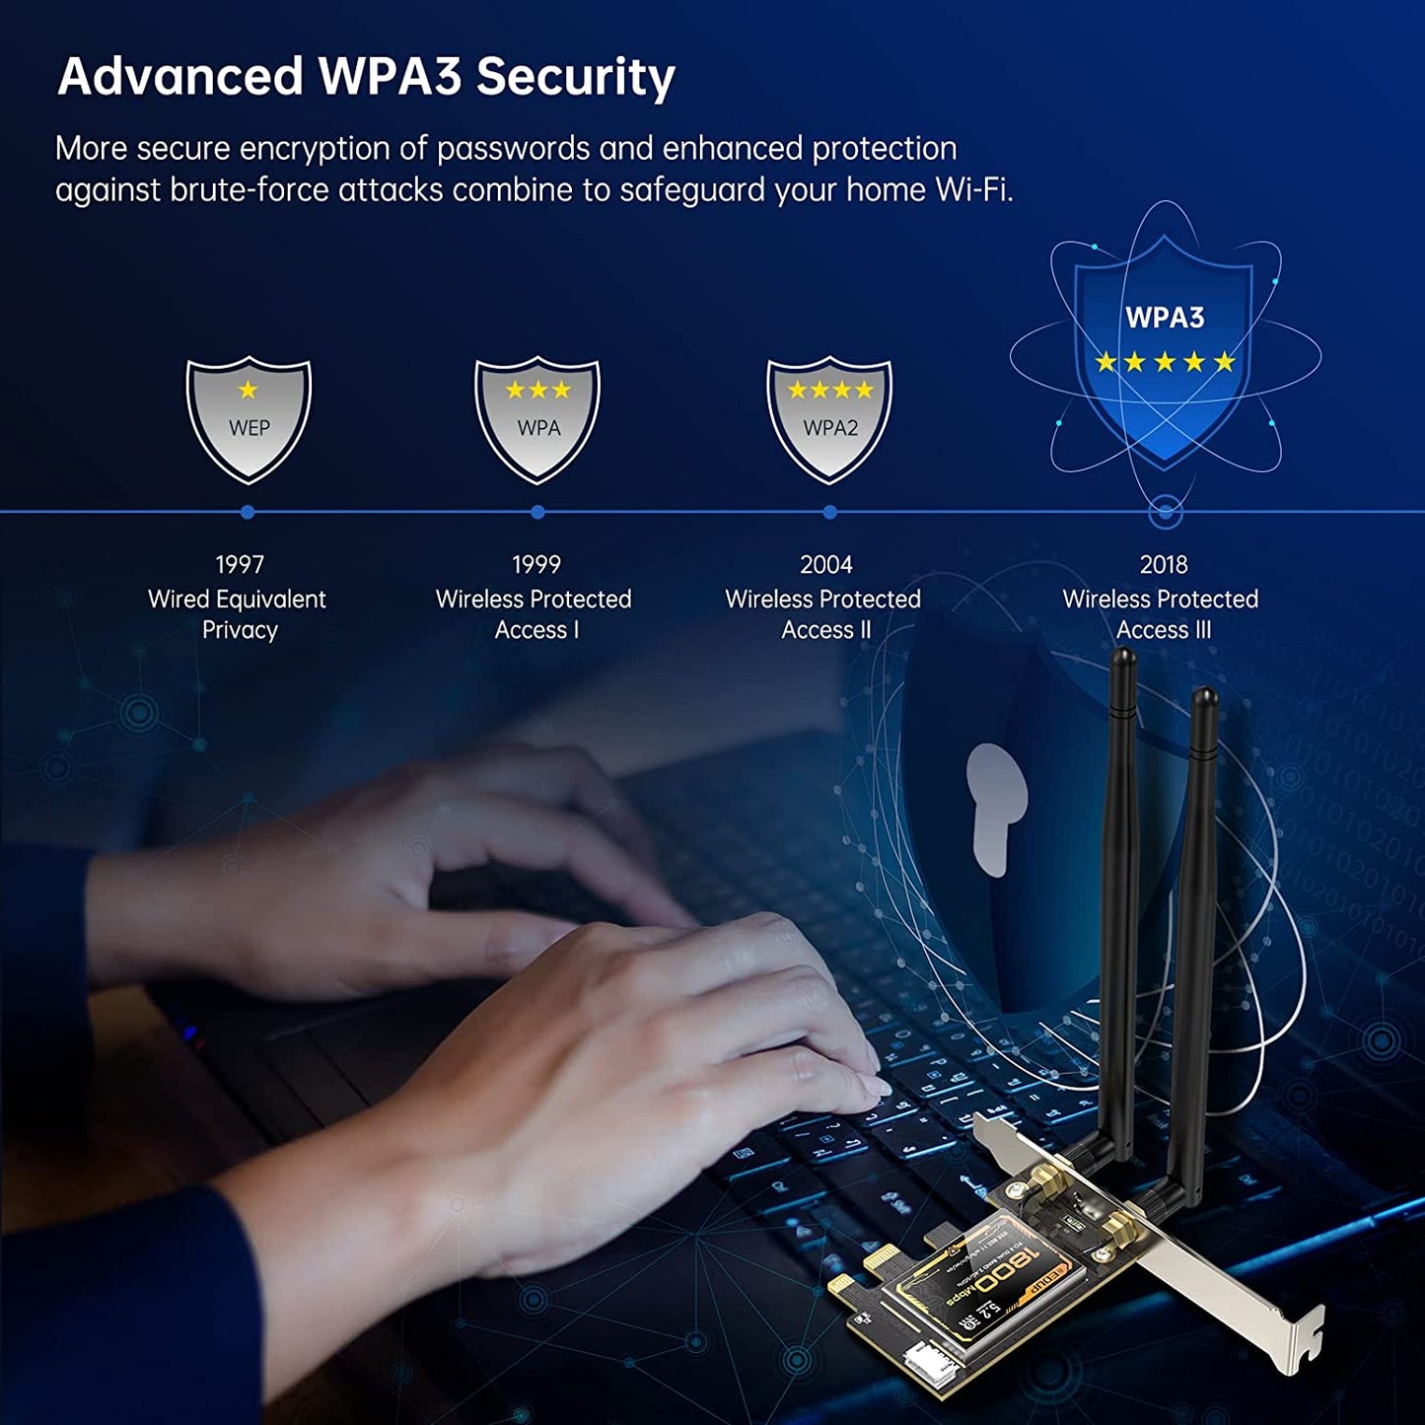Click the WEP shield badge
click(x=249, y=419)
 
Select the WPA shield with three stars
click(x=537, y=419)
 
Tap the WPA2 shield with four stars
click(x=829, y=419)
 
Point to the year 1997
click(x=240, y=564)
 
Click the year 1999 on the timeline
click(x=535, y=564)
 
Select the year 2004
click(x=826, y=564)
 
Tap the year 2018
click(x=1164, y=564)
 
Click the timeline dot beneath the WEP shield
click(x=248, y=512)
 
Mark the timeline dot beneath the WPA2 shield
click(x=829, y=512)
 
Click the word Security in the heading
click(x=576, y=77)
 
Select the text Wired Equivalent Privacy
click(x=238, y=613)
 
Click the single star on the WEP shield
click(x=248, y=390)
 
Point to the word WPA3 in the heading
click(x=390, y=77)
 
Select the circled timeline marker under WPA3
click(x=1166, y=512)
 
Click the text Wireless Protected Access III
click(x=1162, y=613)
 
